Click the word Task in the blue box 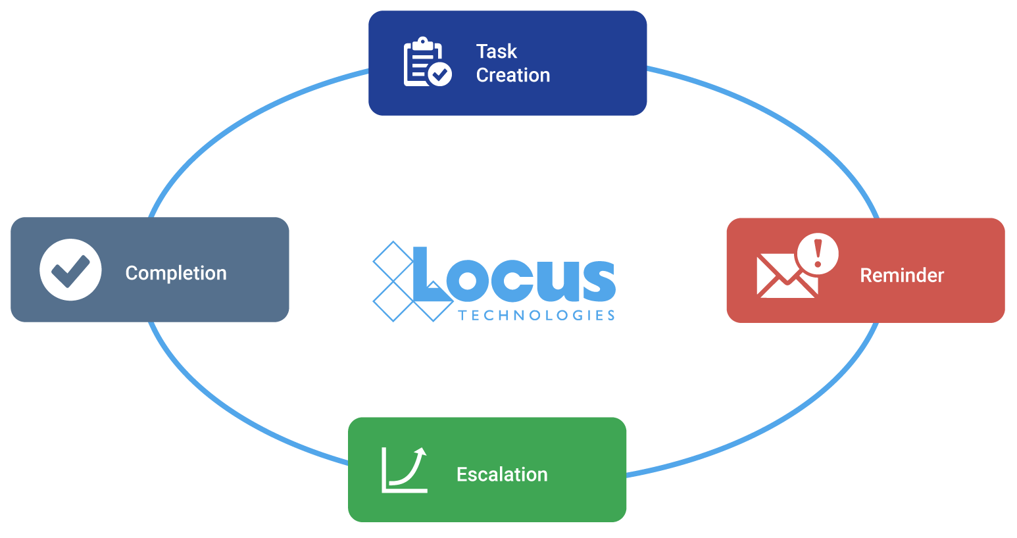(496, 51)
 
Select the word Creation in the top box (513, 76)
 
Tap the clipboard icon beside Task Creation (427, 61)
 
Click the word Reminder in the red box (902, 276)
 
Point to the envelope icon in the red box (787, 276)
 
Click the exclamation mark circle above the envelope (818, 253)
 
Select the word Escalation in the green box (502, 474)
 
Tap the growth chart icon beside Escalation (404, 470)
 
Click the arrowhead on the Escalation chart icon (421, 452)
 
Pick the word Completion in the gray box (176, 274)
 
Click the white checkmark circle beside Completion (70, 270)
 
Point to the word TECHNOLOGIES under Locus (537, 315)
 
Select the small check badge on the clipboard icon (439, 74)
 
